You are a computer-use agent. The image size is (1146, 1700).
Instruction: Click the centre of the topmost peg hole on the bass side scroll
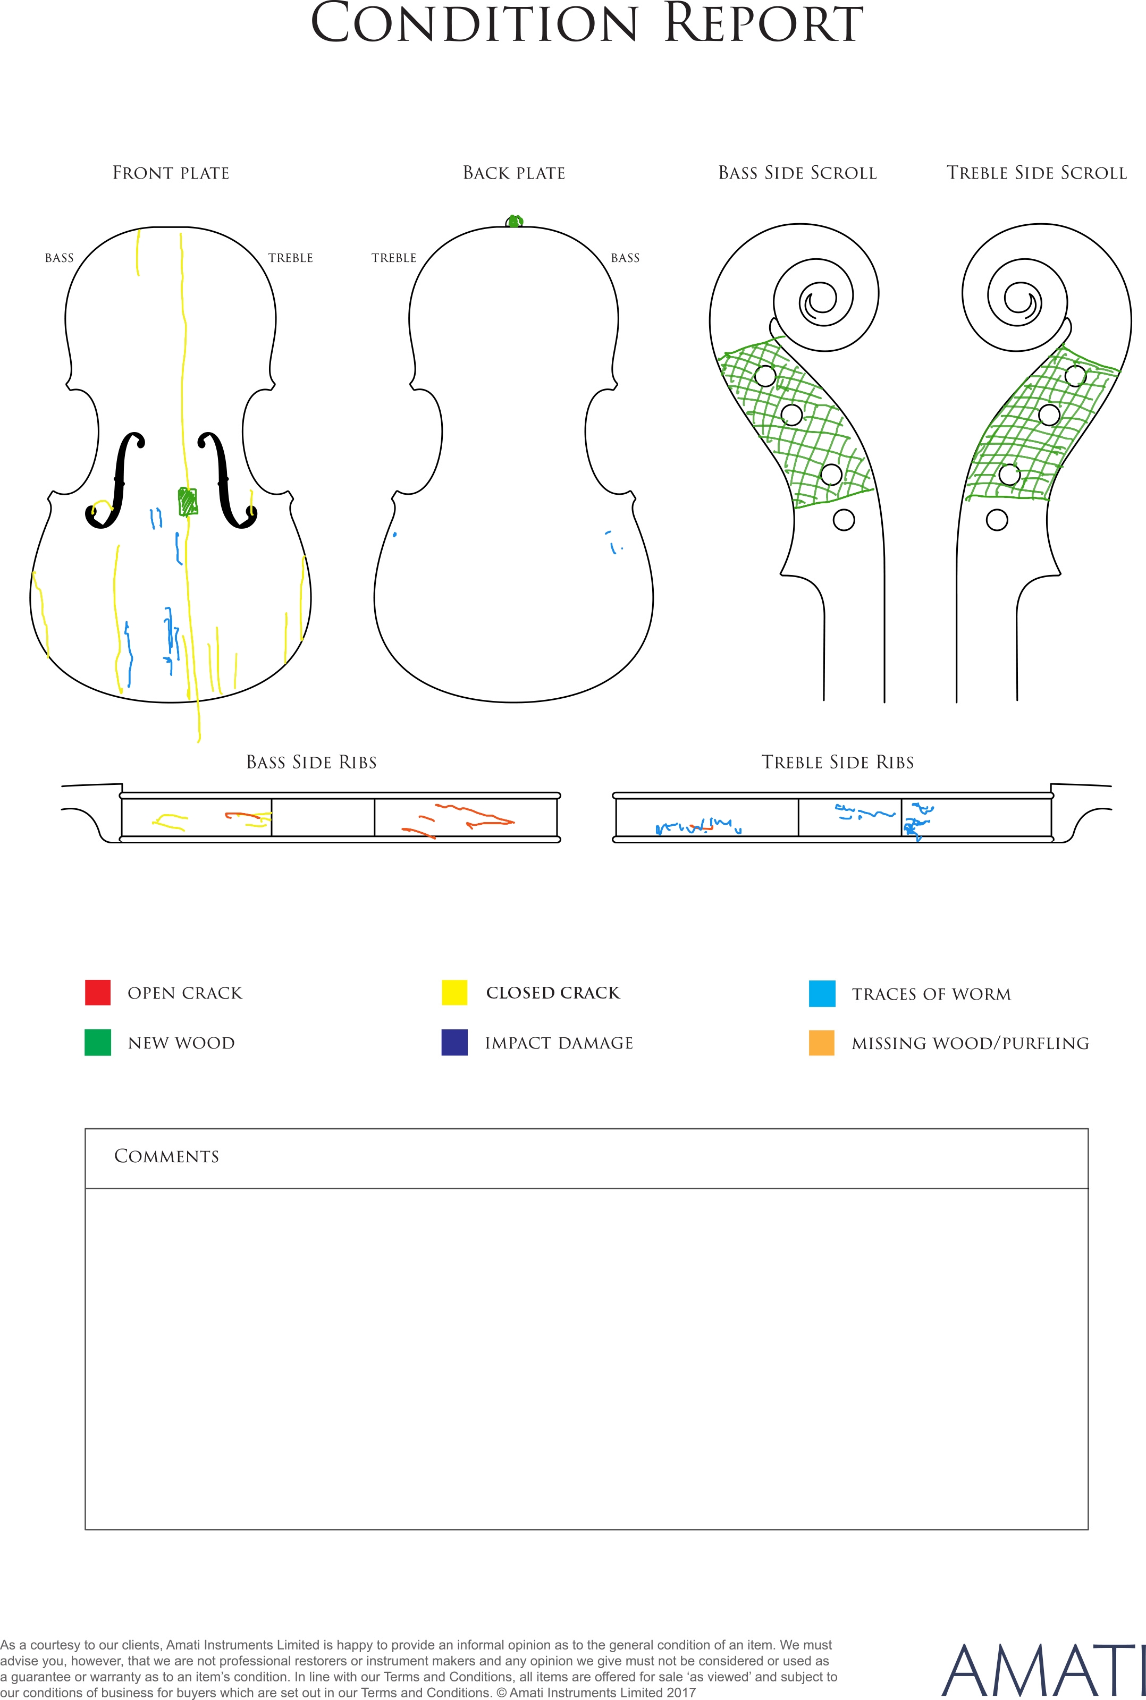click(765, 376)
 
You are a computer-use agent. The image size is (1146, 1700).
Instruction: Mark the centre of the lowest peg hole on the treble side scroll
click(997, 520)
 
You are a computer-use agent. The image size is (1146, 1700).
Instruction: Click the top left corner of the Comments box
click(86, 1129)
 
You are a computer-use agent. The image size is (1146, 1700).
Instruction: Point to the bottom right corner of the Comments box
click(1088, 1529)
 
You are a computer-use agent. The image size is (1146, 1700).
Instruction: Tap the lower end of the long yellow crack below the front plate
click(199, 741)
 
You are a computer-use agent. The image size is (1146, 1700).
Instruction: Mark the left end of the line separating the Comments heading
click(86, 1189)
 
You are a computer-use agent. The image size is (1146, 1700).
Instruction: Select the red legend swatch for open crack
click(98, 993)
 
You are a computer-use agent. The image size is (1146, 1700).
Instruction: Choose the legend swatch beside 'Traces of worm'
click(822, 994)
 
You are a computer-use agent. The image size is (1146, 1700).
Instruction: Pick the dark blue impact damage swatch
click(454, 1043)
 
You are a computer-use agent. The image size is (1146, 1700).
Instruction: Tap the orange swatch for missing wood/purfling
click(822, 1043)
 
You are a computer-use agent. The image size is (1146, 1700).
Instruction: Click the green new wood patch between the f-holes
click(188, 502)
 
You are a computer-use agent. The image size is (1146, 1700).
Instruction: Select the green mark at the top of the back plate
click(515, 221)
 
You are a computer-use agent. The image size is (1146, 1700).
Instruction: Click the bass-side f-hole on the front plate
click(115, 480)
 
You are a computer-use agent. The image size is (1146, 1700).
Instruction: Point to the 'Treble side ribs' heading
click(838, 763)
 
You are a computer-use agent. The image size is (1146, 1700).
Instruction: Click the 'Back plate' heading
click(515, 173)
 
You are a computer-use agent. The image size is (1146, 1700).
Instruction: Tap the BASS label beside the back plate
click(625, 258)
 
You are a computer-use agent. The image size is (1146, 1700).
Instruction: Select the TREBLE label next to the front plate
click(290, 258)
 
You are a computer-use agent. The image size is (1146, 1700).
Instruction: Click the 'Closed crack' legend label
click(553, 993)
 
